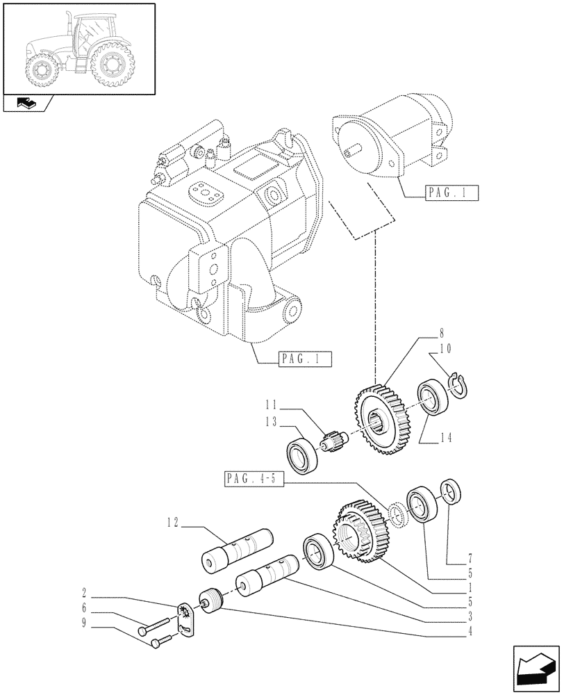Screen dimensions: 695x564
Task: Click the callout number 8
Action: click(x=422, y=333)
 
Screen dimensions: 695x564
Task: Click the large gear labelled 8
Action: click(x=384, y=420)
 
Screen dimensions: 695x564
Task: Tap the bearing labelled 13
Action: click(x=304, y=456)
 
